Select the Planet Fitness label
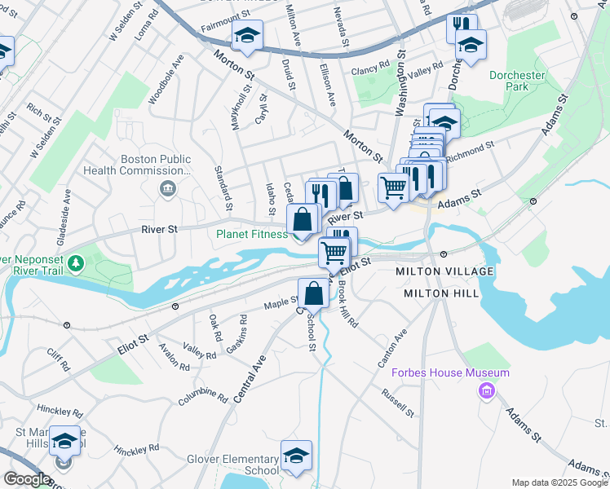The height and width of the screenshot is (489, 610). click(251, 234)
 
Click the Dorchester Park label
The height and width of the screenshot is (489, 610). click(516, 80)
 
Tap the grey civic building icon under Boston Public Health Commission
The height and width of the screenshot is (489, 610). click(168, 189)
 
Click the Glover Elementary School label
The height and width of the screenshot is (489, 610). click(232, 465)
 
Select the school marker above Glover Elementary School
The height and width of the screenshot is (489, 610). click(296, 455)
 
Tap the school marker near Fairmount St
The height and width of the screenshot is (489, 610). click(245, 36)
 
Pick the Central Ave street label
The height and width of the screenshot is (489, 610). click(250, 379)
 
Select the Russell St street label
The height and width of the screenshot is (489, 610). click(400, 402)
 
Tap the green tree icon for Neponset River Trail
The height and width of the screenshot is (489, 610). click(76, 263)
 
